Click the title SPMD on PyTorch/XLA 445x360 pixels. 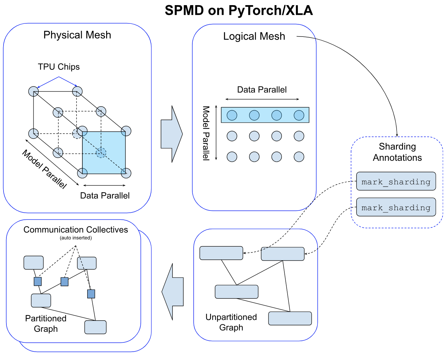[x=239, y=11]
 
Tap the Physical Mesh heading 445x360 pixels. [x=77, y=35]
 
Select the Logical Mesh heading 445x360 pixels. [x=254, y=37]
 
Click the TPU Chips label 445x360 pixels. [x=59, y=67]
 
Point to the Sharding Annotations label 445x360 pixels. [x=397, y=152]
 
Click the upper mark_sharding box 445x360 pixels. [x=396, y=181]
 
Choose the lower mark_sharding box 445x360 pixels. [x=396, y=207]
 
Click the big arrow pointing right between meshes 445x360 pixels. [x=172, y=134]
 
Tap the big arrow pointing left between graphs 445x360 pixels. [x=173, y=291]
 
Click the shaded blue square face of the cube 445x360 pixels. [x=104, y=153]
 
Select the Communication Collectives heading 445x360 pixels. [x=76, y=230]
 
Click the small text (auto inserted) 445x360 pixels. [x=76, y=238]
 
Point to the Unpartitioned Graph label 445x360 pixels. [x=231, y=322]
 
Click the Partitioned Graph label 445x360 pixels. [x=46, y=323]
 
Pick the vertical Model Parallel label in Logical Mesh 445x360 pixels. [x=206, y=133]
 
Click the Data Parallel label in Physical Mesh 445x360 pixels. [x=105, y=196]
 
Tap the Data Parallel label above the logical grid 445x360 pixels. [x=262, y=90]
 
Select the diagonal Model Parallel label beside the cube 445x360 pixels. [x=45, y=169]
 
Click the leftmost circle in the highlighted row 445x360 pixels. [x=232, y=115]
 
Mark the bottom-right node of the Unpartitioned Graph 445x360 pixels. [x=290, y=318]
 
